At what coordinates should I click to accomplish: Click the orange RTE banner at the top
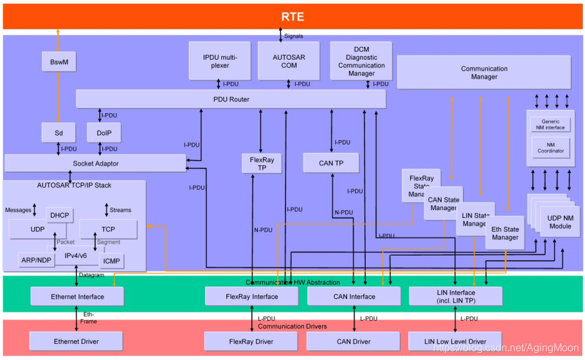pyautogui.click(x=292, y=16)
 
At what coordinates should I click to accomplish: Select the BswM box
pyautogui.click(x=58, y=62)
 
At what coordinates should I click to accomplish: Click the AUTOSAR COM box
pyautogui.click(x=289, y=60)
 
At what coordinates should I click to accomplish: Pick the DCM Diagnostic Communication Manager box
pyautogui.click(x=361, y=60)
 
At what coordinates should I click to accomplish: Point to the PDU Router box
pyautogui.click(x=230, y=99)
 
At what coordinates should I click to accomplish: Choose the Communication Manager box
pyautogui.click(x=483, y=72)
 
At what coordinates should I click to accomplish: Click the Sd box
pyautogui.click(x=58, y=132)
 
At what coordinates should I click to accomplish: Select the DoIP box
pyautogui.click(x=104, y=132)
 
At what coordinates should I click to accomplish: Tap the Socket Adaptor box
pyautogui.click(x=95, y=163)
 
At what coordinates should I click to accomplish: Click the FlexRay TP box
pyautogui.click(x=262, y=163)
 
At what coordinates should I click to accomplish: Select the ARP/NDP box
pyautogui.click(x=36, y=260)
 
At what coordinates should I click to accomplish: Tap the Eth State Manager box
pyautogui.click(x=505, y=233)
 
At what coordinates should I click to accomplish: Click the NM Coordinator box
pyautogui.click(x=550, y=147)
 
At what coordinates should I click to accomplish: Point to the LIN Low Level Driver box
pyautogui.click(x=455, y=341)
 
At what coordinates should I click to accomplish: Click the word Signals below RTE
pyautogui.click(x=293, y=36)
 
